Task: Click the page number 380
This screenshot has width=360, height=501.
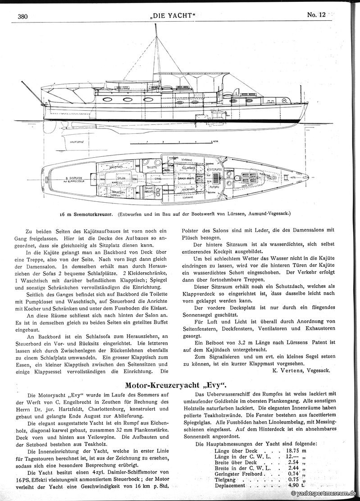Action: [23, 17]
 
